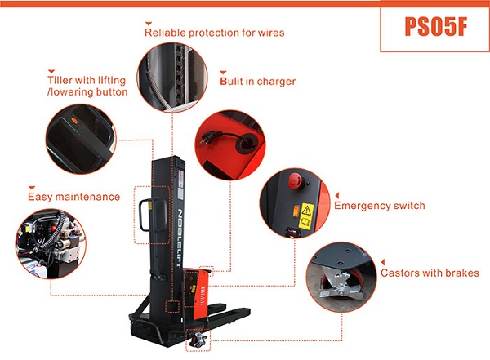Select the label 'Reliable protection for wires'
[x=214, y=33]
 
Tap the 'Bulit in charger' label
[x=257, y=82]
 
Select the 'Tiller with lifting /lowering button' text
[x=87, y=87]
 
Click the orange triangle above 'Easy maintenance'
[x=32, y=186]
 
